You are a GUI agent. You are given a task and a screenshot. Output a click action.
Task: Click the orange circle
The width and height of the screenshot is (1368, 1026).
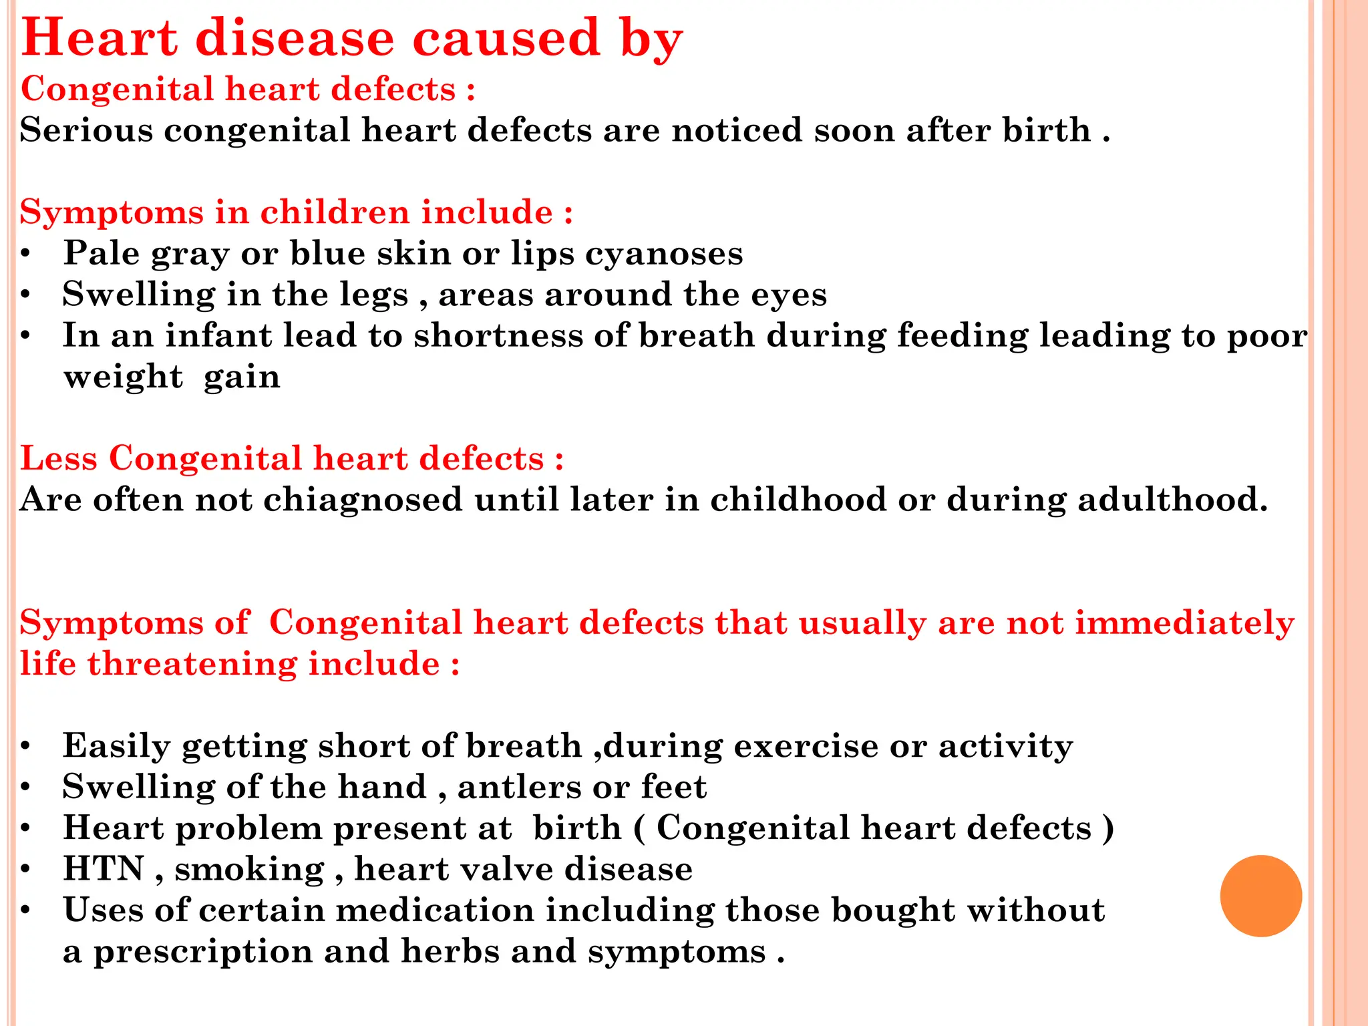pyautogui.click(x=1260, y=896)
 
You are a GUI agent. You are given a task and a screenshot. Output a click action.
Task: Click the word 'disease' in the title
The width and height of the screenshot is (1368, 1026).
pyautogui.click(x=296, y=38)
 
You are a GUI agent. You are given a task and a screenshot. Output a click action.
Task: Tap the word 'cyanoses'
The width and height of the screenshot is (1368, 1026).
pyautogui.click(x=664, y=254)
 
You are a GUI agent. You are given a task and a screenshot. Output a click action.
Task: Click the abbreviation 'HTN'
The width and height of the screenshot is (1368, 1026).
pyautogui.click(x=104, y=869)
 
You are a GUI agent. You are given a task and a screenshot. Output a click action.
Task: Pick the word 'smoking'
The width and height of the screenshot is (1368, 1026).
pyautogui.click(x=249, y=870)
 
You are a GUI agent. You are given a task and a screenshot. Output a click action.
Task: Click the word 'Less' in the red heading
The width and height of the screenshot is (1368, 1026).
pyautogui.click(x=59, y=459)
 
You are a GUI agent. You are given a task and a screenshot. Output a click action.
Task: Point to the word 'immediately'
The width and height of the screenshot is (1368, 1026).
pyautogui.click(x=1184, y=623)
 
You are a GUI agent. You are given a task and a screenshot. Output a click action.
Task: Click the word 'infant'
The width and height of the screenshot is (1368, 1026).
pyautogui.click(x=218, y=335)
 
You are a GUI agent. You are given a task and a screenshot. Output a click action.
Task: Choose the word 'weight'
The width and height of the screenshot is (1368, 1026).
pyautogui.click(x=123, y=378)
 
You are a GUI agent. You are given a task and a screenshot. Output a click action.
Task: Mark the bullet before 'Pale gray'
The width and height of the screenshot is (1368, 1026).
pyautogui.click(x=25, y=254)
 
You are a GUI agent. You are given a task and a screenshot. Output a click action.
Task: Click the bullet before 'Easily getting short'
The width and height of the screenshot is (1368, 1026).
pyautogui.click(x=25, y=746)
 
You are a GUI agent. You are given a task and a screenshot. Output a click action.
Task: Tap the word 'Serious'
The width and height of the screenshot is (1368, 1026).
pyautogui.click(x=86, y=130)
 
